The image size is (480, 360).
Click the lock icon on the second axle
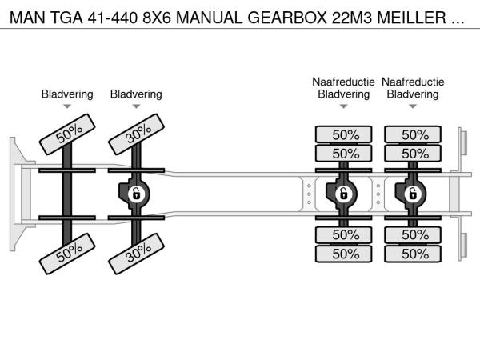(x=136, y=194)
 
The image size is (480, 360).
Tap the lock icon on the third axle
(x=344, y=194)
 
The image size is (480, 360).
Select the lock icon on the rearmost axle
(x=413, y=194)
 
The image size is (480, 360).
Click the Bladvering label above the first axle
(x=67, y=94)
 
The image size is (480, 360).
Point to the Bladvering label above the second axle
(x=136, y=94)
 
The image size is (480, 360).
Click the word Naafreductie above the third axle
(x=344, y=82)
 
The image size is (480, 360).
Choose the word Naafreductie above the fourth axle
(x=413, y=82)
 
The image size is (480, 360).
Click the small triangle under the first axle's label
(x=67, y=106)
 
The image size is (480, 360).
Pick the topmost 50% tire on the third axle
(x=344, y=134)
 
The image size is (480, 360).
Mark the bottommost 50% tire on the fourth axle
(x=413, y=254)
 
